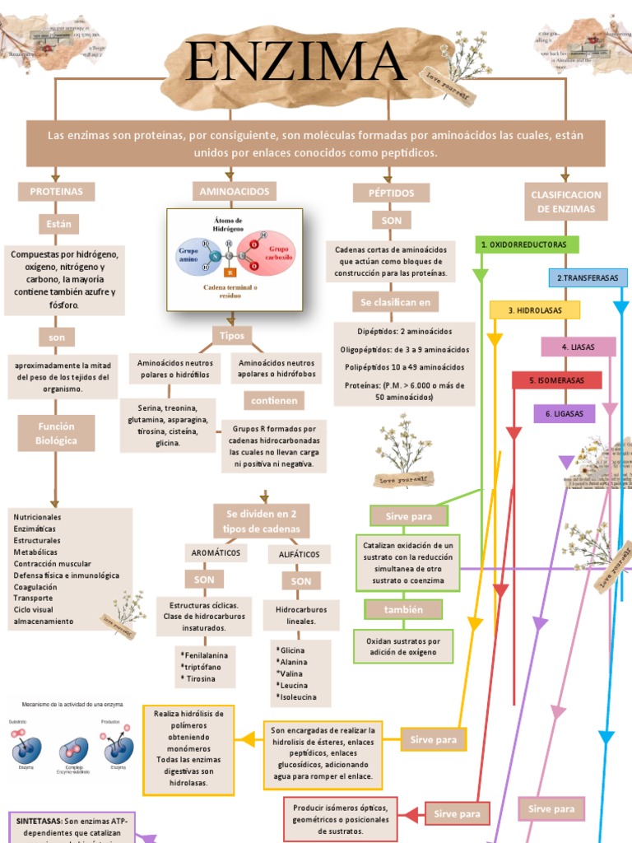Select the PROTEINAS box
tap(56, 191)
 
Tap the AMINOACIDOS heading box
tap(234, 191)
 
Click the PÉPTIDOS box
tap(391, 193)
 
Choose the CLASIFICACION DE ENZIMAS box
tap(566, 202)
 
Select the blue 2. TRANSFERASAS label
tap(588, 277)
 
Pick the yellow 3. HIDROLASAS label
tap(534, 310)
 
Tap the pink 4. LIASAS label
tap(578, 347)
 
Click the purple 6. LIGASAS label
tap(564, 413)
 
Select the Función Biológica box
tap(56, 433)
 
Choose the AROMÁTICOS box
tap(216, 552)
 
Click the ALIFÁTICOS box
tap(300, 554)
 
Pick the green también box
tap(403, 609)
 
